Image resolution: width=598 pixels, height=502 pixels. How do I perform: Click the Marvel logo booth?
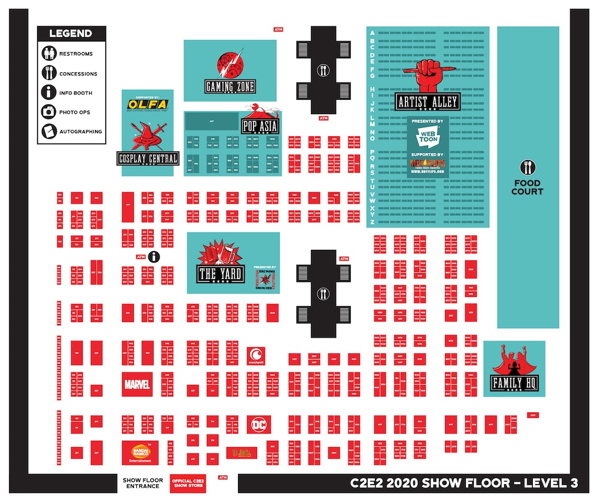pyautogui.click(x=137, y=384)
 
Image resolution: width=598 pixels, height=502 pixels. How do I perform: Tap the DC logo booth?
pyautogui.click(x=259, y=424)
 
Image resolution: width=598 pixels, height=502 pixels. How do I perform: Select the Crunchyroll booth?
pyautogui.click(x=255, y=355)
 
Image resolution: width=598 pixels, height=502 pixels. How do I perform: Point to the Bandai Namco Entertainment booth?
pyautogui.click(x=141, y=452)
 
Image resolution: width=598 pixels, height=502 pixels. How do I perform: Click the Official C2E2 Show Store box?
pyautogui.click(x=187, y=483)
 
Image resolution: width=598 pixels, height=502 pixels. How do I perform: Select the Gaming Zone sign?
pyautogui.click(x=230, y=87)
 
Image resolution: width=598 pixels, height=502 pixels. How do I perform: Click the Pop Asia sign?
pyautogui.click(x=260, y=126)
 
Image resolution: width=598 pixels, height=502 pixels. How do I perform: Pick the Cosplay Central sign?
pyautogui.click(x=148, y=158)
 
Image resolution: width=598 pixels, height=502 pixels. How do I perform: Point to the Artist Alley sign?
pyautogui.click(x=428, y=102)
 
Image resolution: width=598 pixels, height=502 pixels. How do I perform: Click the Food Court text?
pyautogui.click(x=527, y=187)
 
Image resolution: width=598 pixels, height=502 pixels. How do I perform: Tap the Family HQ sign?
pyautogui.click(x=514, y=384)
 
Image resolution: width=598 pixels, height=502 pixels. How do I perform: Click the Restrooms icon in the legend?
pyautogui.click(x=49, y=54)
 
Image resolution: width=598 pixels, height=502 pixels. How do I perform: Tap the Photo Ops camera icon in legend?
pyautogui.click(x=49, y=112)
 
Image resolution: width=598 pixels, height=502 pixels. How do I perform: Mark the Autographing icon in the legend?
pyautogui.click(x=49, y=131)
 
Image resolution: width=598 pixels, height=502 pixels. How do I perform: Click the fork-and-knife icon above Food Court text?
pyautogui.click(x=527, y=167)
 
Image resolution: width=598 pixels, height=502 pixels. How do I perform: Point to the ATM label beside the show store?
pyautogui.click(x=223, y=477)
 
